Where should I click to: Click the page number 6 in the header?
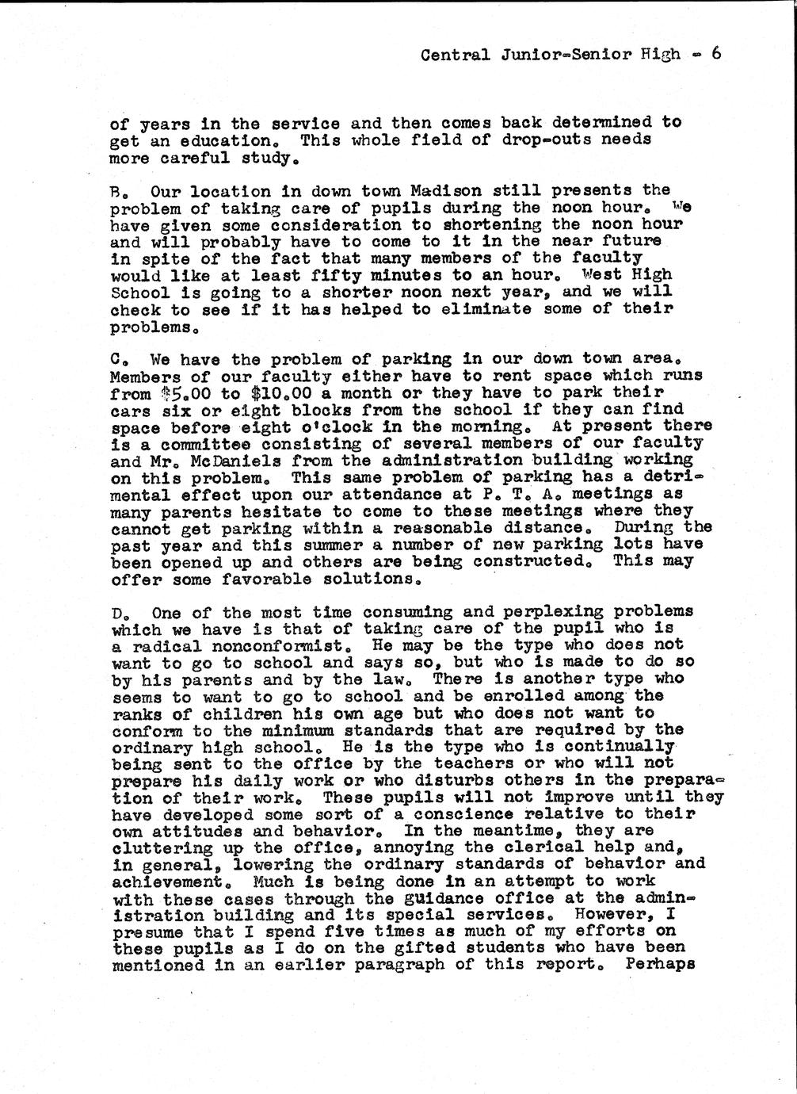(x=715, y=54)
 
